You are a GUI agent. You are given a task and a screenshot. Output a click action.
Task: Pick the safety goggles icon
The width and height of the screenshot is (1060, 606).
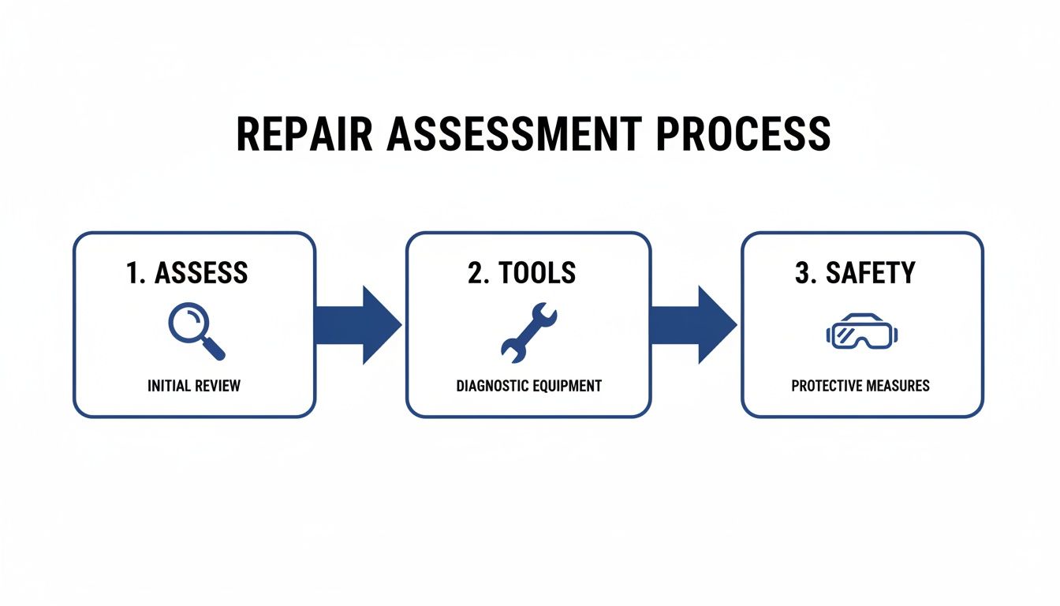coord(862,332)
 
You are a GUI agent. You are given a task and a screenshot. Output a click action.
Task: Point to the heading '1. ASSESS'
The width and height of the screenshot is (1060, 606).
coord(187,273)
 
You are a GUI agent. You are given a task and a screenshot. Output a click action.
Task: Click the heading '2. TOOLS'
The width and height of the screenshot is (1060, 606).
coord(521,273)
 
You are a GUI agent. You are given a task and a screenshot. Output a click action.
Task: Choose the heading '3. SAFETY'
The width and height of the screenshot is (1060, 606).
coord(855,273)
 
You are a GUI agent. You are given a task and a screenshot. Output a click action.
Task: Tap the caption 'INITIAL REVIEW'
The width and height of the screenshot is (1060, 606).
coord(194,386)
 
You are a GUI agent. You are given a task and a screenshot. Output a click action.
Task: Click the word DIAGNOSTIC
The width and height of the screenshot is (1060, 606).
coord(493,386)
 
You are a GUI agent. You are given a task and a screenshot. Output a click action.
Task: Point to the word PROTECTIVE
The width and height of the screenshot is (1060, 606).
coord(826,386)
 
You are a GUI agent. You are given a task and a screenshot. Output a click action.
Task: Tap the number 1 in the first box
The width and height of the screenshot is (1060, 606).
coord(132,273)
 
